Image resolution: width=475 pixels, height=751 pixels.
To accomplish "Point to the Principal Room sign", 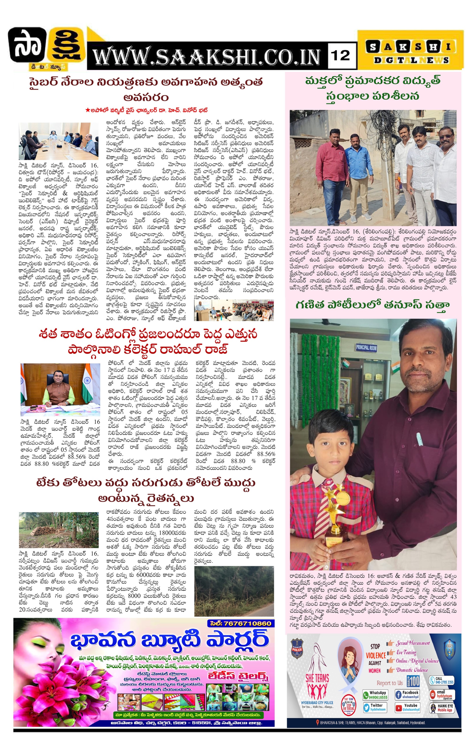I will click(x=366, y=347).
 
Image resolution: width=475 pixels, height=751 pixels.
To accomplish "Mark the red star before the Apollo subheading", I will click(x=88, y=110).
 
